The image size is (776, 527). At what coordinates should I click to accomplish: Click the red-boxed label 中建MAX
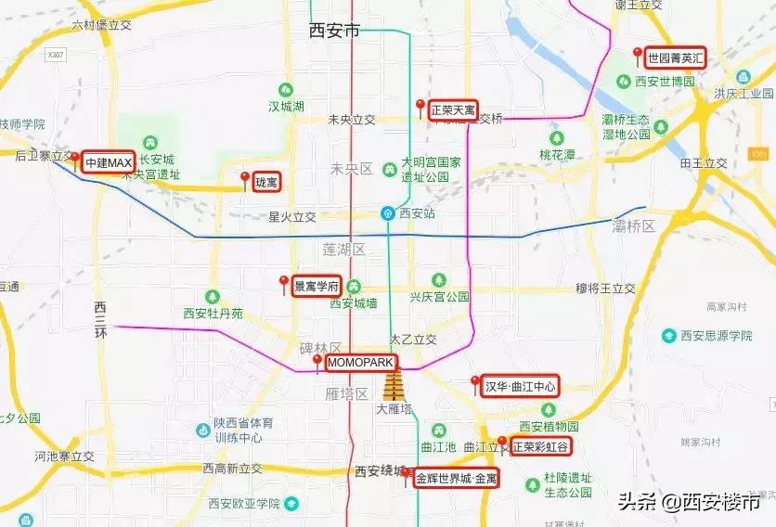click(x=109, y=162)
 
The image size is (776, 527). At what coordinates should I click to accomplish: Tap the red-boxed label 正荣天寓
click(x=453, y=110)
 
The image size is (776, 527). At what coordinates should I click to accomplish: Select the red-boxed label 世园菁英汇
click(x=677, y=58)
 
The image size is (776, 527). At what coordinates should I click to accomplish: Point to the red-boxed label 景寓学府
click(x=317, y=285)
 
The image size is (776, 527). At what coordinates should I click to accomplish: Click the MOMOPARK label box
click(x=361, y=362)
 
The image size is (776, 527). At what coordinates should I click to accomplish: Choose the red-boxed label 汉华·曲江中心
click(x=520, y=386)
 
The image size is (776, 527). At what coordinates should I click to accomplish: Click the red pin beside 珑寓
click(x=245, y=177)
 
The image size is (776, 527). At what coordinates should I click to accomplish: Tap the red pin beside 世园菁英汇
click(x=637, y=53)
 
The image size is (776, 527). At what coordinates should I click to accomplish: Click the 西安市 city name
click(x=334, y=31)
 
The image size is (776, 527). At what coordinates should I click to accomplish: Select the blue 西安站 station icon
click(x=387, y=212)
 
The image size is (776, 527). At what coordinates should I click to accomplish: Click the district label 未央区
click(x=352, y=169)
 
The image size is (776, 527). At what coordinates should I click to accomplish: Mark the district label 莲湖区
click(x=344, y=250)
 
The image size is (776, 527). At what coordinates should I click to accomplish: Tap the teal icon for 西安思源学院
click(x=669, y=335)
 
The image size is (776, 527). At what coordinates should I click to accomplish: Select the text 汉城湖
click(x=287, y=107)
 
